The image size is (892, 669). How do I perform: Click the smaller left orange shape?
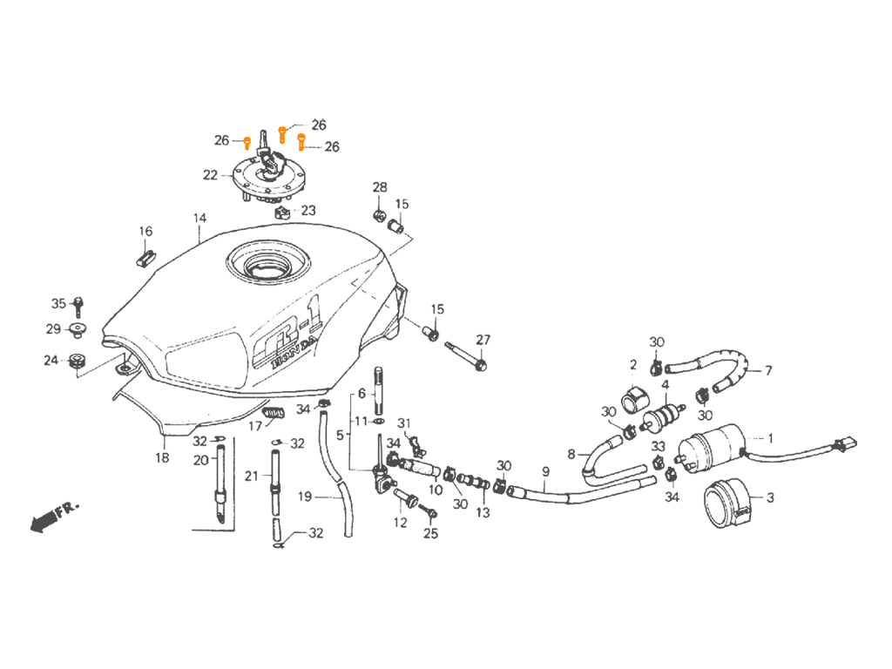point(247,139)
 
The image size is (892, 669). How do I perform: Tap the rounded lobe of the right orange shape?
point(301,137)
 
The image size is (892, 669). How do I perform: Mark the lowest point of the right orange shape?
point(303,158)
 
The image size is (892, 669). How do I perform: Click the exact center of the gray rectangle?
point(443,334)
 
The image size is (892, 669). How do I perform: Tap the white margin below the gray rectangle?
point(443,610)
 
